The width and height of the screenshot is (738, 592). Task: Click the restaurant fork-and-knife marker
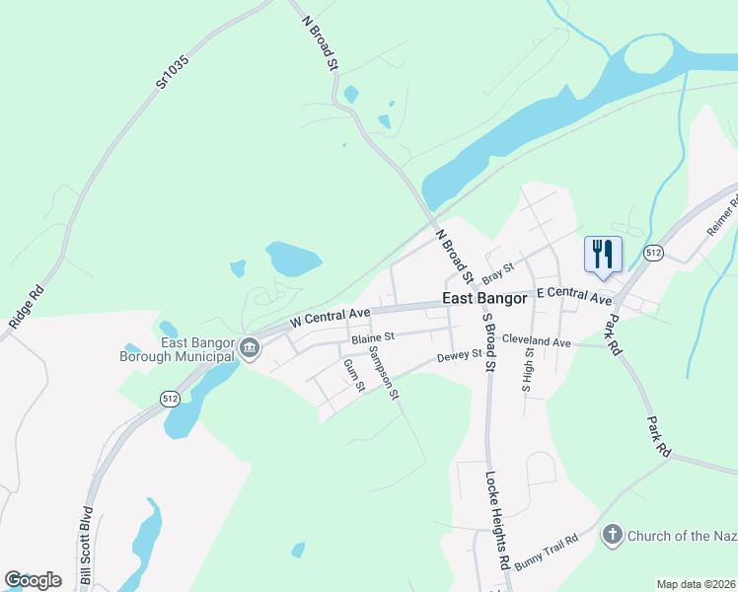pyautogui.click(x=603, y=255)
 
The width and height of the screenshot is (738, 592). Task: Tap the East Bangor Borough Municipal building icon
pyautogui.click(x=251, y=347)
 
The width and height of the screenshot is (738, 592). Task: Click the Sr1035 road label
pyautogui.click(x=172, y=73)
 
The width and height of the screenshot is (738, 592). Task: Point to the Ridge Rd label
pyautogui.click(x=26, y=307)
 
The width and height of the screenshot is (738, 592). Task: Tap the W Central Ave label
pyautogui.click(x=330, y=318)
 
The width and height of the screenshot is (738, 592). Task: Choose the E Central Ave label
pyautogui.click(x=574, y=296)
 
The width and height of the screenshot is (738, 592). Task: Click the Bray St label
pyautogui.click(x=498, y=269)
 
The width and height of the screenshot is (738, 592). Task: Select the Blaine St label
pyautogui.click(x=373, y=337)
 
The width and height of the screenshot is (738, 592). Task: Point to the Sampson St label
pyautogui.click(x=382, y=372)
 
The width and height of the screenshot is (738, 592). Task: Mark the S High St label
pyautogui.click(x=528, y=368)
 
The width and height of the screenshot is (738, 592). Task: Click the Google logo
pyautogui.click(x=33, y=580)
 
